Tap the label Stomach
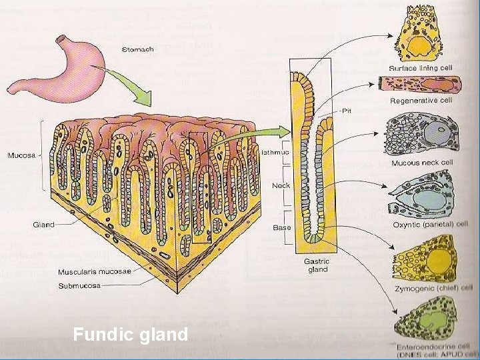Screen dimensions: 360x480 [x=139, y=50]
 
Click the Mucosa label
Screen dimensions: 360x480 [x=22, y=156]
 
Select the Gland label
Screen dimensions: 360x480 [x=44, y=225]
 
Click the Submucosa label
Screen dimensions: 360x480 [x=79, y=285]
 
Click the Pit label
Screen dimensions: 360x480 [x=346, y=112]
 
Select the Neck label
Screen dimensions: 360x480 [x=281, y=186]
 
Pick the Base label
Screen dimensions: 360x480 [x=281, y=227]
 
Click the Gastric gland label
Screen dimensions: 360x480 [x=317, y=265]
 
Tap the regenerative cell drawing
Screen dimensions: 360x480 [x=419, y=86]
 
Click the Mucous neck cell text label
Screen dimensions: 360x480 [x=423, y=163]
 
